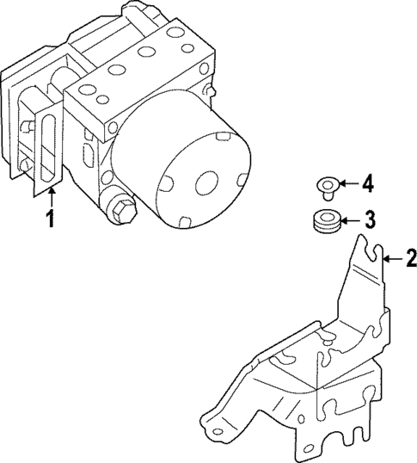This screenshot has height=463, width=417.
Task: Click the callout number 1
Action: point(51,219)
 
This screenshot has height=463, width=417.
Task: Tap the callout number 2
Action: point(410,256)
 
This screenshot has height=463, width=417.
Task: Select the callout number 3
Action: point(369,219)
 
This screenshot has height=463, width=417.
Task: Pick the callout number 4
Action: point(367,183)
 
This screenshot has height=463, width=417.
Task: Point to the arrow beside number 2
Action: point(390,256)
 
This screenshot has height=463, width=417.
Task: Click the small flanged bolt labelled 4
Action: point(325,185)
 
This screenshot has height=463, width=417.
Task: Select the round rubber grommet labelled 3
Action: point(325,220)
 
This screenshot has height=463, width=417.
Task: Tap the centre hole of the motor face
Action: point(205,183)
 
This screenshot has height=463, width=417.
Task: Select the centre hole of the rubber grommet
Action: point(325,216)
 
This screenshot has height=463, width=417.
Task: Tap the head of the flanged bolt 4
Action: point(325,182)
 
